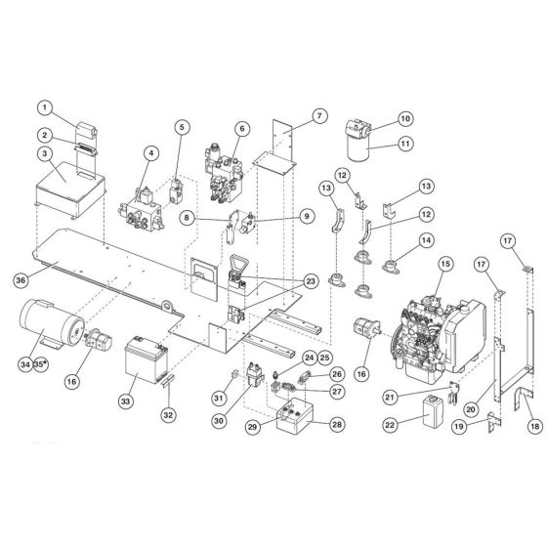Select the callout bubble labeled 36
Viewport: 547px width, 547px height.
(x=21, y=279)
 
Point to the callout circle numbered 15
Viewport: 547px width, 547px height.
(x=444, y=263)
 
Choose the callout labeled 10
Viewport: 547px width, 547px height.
(x=405, y=119)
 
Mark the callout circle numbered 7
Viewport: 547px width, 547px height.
(x=317, y=116)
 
